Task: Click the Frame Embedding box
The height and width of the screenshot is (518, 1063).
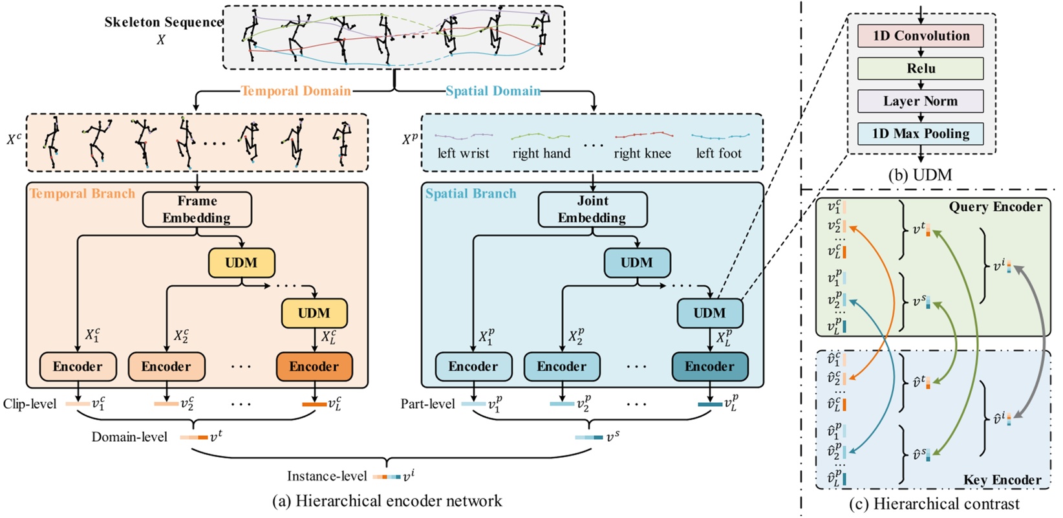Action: coord(197,210)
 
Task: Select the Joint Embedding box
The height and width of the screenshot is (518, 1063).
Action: coord(592,210)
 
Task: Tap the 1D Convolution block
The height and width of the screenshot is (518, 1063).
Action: coord(920,36)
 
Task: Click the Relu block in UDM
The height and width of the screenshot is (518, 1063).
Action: coord(920,69)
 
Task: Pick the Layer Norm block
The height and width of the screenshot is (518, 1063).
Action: coord(920,102)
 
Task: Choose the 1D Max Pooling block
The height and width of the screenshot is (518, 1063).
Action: coord(920,134)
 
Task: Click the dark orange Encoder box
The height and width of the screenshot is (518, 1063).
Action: coord(314,367)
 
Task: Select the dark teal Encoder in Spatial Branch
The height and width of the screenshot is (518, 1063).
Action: coord(709,367)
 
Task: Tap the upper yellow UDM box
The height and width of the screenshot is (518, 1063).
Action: coord(241,263)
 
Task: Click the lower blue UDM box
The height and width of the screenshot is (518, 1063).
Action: coord(709,313)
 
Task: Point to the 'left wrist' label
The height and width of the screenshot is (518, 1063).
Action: coord(463,154)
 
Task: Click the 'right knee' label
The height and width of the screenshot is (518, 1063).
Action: coord(642,154)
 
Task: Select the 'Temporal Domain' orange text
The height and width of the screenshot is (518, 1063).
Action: coord(296,91)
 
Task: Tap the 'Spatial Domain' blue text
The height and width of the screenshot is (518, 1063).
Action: coord(493,91)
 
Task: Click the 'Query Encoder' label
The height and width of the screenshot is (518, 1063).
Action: coord(995,208)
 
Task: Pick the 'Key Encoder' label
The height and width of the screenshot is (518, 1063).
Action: coord(1002,480)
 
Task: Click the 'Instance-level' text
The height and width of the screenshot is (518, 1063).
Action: coord(327,477)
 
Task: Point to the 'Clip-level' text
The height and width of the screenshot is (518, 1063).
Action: coord(30,404)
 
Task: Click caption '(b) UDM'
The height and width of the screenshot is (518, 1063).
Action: coord(920,175)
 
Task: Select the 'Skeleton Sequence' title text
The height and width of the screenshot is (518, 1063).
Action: coord(164,23)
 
